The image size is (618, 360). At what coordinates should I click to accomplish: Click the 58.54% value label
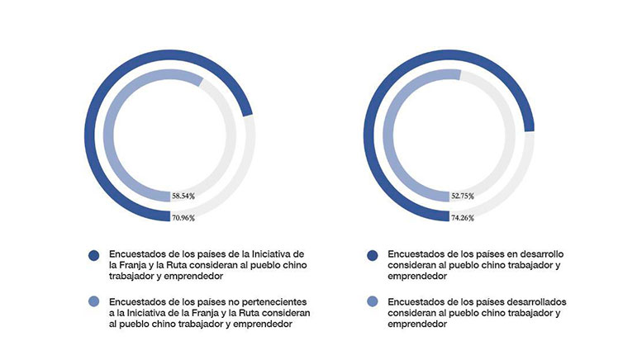click(x=183, y=196)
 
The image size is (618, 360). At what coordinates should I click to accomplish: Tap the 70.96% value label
click(x=183, y=218)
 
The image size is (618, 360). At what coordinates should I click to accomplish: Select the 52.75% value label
click(x=463, y=196)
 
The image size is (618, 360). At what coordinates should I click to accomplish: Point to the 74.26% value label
click(x=463, y=218)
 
